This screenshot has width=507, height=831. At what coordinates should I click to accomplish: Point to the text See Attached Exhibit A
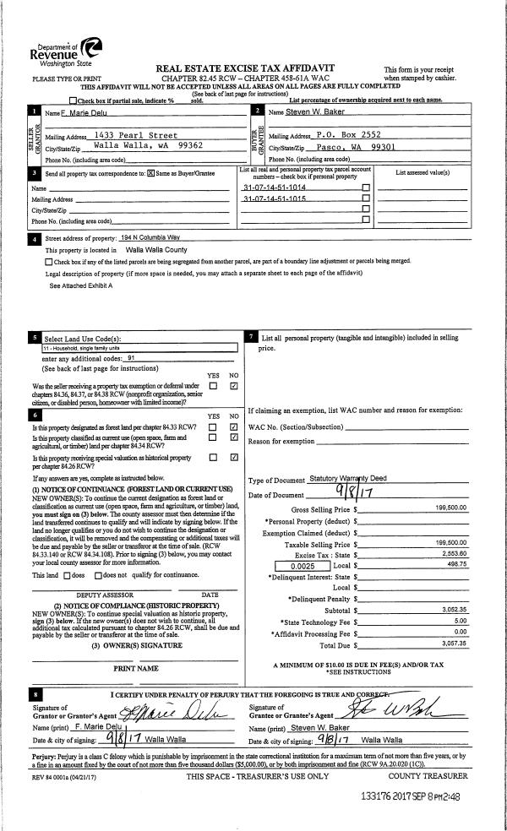click(81, 285)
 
